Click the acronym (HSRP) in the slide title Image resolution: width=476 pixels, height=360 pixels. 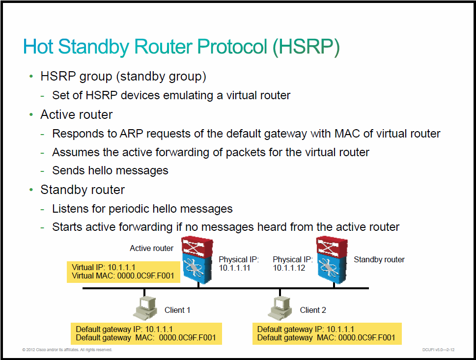tap(306, 47)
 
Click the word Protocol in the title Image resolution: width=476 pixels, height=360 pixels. tap(232, 47)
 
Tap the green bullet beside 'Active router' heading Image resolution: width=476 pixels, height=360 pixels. tap(31, 115)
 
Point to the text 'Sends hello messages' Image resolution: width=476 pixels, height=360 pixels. tap(110, 170)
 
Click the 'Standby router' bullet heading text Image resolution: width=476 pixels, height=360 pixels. tap(83, 190)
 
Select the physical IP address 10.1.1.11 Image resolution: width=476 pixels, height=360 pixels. tap(234, 268)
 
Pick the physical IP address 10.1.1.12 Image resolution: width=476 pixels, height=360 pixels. tap(289, 268)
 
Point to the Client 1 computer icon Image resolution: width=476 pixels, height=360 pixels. tap(145, 308)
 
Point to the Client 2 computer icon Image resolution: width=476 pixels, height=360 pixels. tap(280, 308)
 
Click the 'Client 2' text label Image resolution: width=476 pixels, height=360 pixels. tap(313, 310)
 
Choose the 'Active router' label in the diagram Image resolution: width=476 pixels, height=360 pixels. tap(151, 249)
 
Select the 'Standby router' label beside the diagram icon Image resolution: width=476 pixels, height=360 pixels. tap(379, 259)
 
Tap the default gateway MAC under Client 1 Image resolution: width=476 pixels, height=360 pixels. tap(187, 338)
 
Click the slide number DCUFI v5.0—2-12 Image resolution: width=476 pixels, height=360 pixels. tap(438, 350)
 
